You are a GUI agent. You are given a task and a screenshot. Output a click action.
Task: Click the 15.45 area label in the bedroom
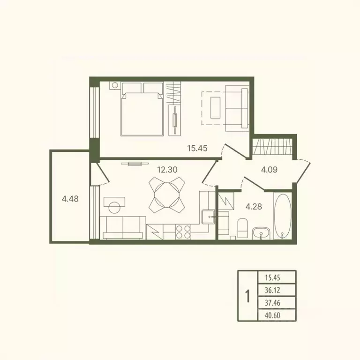coord(197,148)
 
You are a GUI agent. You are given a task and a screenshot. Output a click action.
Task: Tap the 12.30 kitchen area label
coord(167,170)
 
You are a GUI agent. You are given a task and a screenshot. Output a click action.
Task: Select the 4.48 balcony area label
coord(70,199)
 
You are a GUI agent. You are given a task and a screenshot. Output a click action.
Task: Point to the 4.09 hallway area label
coord(270,170)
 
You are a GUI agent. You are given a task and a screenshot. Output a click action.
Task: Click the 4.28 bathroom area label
coord(254,206)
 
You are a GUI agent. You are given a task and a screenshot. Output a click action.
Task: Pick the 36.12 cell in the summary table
coord(272,291)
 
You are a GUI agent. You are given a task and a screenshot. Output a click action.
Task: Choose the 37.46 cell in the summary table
coord(272,303)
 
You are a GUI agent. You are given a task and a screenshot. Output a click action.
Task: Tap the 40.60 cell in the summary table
coord(272,315)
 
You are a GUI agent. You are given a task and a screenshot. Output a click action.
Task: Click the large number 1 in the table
coord(247,296)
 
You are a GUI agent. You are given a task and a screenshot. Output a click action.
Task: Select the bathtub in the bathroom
coord(283,216)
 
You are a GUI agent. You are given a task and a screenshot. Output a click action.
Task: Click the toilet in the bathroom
coord(242,228)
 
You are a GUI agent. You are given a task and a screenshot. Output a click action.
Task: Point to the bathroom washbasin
coord(261,233)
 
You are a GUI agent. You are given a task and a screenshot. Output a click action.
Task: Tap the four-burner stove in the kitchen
coord(183,232)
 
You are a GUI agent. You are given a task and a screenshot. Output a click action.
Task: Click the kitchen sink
coord(208,217)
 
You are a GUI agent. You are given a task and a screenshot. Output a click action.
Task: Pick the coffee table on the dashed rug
coord(215,108)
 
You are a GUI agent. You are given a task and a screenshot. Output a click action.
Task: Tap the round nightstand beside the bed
coord(115,85)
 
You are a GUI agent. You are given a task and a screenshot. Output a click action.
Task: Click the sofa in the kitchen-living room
coord(123,228)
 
